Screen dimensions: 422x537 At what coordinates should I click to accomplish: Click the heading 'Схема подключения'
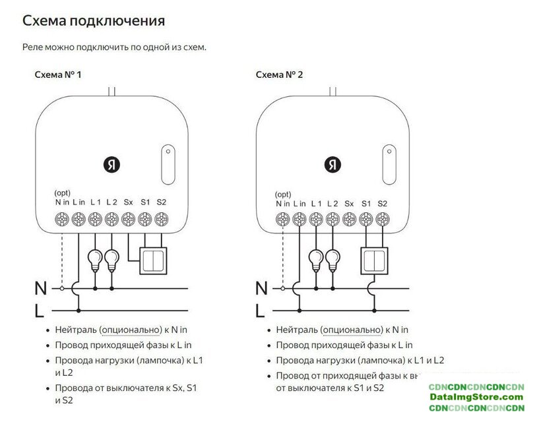(94, 20)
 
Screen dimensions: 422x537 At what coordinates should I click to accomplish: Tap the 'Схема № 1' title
(58, 75)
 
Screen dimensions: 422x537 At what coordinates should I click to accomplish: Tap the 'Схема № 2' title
(280, 75)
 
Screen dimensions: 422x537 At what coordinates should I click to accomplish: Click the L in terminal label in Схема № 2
(300, 203)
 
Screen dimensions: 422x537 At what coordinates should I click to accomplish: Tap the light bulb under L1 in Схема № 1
(96, 258)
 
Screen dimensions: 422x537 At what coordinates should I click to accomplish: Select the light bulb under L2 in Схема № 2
(333, 258)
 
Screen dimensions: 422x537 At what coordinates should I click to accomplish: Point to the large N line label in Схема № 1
(41, 288)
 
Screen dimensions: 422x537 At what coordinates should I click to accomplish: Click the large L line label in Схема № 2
(261, 310)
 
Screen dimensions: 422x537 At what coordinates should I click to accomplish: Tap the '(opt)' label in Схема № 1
(63, 193)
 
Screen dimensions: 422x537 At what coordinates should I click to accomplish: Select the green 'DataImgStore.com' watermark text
(476, 397)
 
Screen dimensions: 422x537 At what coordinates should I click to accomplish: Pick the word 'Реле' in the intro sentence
(34, 47)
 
